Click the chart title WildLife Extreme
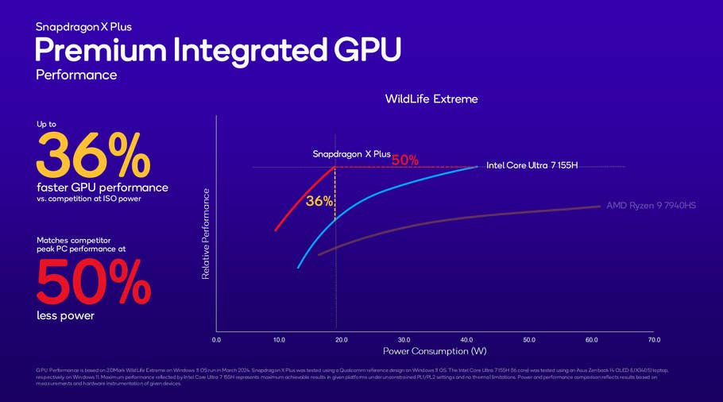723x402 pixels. coord(431,99)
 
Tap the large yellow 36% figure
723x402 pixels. coord(93,155)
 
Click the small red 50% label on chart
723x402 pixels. coord(404,160)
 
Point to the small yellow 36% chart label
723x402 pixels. coord(319,202)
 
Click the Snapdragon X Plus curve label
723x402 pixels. coord(351,154)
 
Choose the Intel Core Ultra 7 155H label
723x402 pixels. coord(532,165)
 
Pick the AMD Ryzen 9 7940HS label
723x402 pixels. coord(651,206)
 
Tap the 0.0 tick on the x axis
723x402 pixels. coord(217,339)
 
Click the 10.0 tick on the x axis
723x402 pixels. coord(279,339)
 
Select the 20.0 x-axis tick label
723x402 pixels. coord(342,339)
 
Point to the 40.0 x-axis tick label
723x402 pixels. coord(466,339)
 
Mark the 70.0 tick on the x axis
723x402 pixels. coord(654,339)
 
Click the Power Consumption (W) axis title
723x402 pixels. coord(434,351)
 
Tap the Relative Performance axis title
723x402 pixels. coord(206,233)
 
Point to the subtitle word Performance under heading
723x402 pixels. coord(76,75)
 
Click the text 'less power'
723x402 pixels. coord(65,316)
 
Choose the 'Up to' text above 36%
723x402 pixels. coord(46,124)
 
